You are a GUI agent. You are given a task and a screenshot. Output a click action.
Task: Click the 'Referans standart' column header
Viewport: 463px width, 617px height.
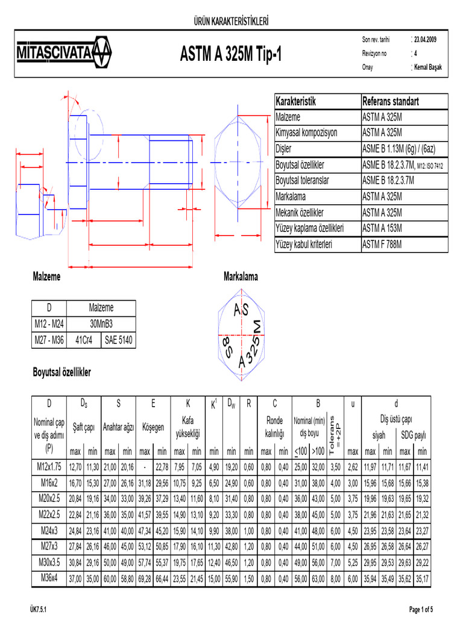click(391, 101)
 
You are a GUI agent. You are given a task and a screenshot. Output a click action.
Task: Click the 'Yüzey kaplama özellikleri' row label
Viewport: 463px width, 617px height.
click(309, 228)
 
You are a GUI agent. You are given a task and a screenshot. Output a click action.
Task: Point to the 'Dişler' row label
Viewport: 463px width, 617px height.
click(283, 149)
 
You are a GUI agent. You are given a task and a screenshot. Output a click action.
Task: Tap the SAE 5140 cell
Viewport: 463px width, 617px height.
click(118, 340)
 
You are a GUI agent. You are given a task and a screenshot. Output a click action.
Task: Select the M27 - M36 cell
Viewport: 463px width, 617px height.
click(49, 340)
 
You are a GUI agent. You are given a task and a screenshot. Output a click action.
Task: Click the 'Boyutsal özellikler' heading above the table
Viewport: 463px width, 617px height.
click(61, 373)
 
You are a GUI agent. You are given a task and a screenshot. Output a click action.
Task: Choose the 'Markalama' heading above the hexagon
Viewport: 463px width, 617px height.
click(241, 277)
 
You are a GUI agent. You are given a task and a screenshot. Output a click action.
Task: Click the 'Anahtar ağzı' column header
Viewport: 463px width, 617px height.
click(119, 427)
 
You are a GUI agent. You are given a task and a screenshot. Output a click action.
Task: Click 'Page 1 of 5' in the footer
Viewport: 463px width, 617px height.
click(426, 610)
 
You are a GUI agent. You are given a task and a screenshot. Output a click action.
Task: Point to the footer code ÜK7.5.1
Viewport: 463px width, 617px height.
click(42, 610)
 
